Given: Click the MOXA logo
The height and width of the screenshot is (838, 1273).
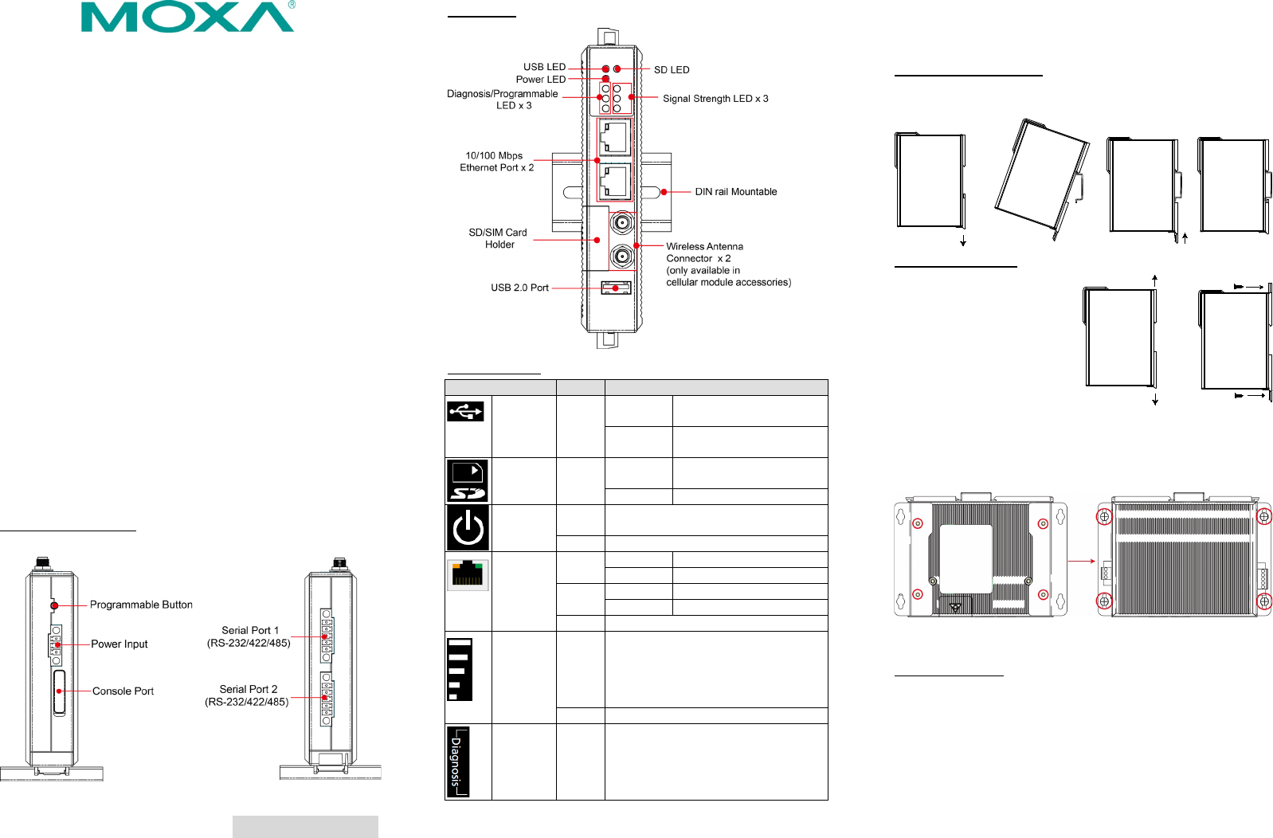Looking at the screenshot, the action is click(188, 17).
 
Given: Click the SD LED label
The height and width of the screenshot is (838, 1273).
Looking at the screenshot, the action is click(672, 70).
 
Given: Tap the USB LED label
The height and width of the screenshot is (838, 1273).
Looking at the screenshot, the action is click(544, 67).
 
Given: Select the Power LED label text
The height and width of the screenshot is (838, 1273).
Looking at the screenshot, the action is click(540, 80).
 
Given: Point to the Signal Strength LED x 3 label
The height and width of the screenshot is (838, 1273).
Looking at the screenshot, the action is click(715, 99).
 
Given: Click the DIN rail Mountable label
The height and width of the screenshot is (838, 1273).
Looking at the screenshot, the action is click(736, 192).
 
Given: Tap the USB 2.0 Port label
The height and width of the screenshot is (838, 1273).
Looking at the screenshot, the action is click(519, 288).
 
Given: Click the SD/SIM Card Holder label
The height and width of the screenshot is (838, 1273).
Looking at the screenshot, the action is click(499, 239).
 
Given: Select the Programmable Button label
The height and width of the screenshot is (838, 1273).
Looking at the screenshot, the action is click(141, 605).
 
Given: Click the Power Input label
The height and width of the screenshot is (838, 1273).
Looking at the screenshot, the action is click(119, 644).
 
